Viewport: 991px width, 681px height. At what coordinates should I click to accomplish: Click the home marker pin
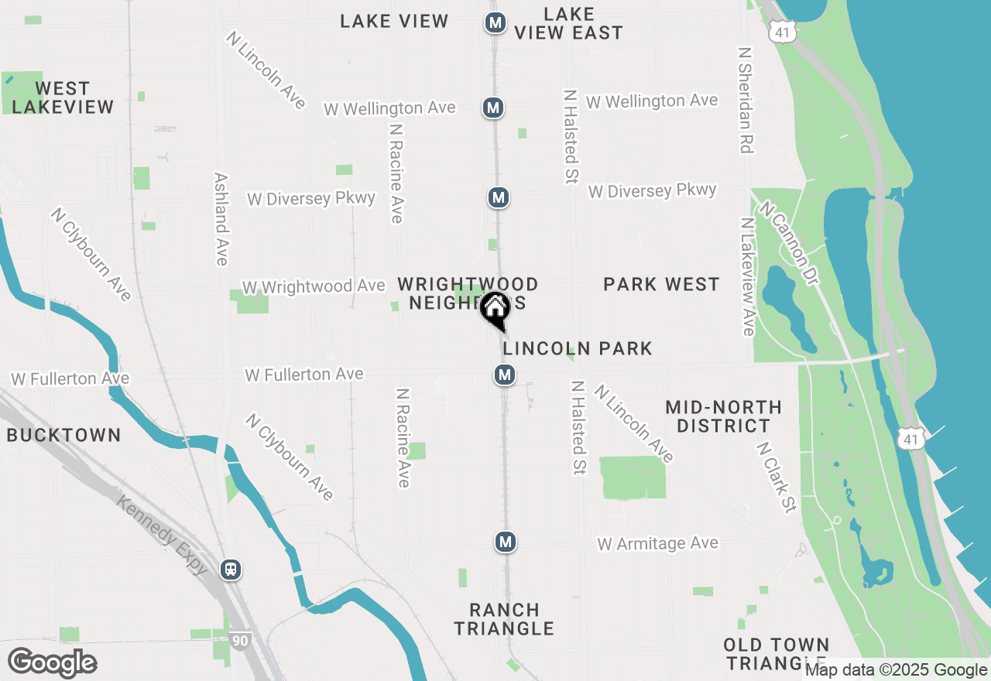[495, 310]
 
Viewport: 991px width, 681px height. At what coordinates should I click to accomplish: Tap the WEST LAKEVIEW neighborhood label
[63, 98]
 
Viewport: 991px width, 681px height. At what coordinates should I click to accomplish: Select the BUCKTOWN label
[63, 435]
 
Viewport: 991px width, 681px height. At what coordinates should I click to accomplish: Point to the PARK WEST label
[661, 284]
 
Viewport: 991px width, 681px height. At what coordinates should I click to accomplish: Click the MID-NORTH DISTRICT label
[723, 416]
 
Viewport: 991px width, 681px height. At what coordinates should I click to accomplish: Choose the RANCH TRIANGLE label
[504, 619]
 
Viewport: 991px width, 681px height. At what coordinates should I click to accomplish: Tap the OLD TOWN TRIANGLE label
[777, 654]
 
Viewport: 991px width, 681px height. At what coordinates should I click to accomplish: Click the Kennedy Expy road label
[163, 534]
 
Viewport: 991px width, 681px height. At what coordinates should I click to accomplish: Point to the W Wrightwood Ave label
[314, 286]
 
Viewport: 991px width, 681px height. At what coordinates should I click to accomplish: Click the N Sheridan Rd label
[746, 100]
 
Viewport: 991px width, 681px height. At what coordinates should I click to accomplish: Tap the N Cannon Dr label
[789, 243]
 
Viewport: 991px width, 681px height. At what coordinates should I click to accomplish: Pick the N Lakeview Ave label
[747, 276]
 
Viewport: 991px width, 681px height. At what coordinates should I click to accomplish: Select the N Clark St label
[777, 477]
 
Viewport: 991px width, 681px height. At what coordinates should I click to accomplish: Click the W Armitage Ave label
[657, 544]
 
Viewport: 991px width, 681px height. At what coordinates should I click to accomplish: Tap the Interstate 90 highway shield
[239, 641]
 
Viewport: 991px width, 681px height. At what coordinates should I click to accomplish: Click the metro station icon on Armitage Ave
[506, 542]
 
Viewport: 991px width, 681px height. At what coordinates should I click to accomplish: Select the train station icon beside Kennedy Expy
[230, 570]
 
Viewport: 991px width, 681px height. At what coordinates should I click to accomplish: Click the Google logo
[53, 663]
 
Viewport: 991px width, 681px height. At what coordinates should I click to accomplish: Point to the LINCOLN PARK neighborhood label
[578, 348]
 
